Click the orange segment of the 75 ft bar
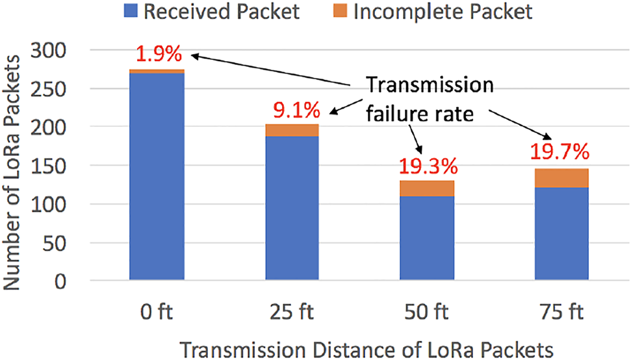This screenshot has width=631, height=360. pos(561,178)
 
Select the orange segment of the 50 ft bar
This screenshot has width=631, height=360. pos(426,188)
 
